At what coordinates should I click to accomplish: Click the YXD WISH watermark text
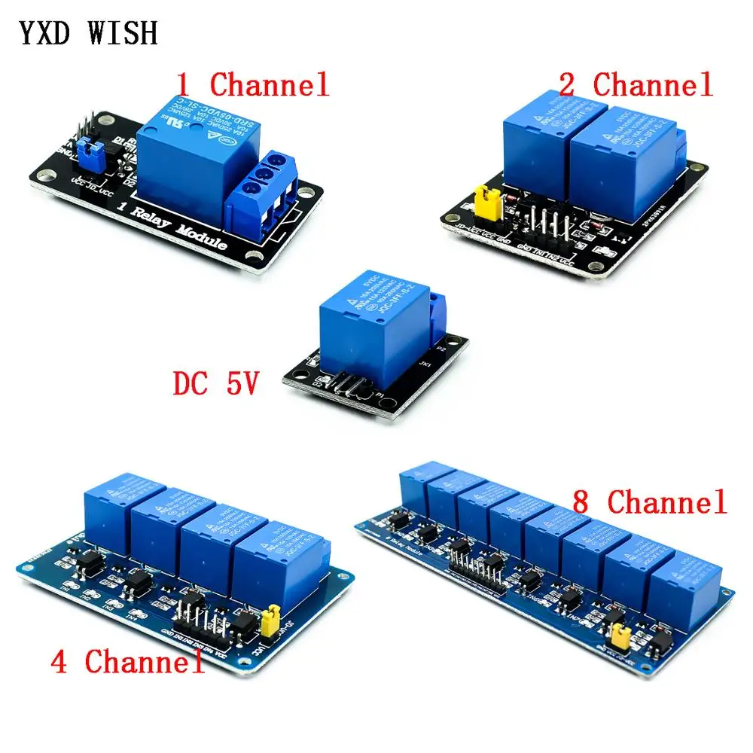[89, 34]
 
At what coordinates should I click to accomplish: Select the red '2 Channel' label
[635, 85]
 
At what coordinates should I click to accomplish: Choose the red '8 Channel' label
[649, 501]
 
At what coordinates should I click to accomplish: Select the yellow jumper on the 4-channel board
[267, 622]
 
